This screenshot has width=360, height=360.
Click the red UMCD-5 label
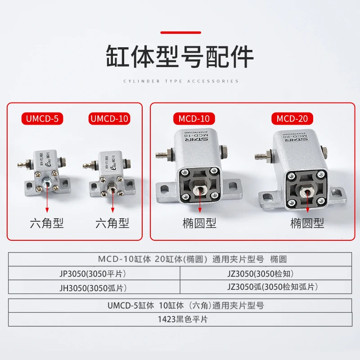(x=43, y=119)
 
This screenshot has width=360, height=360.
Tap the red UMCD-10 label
(x=110, y=119)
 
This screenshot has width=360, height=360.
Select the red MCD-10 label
(x=194, y=119)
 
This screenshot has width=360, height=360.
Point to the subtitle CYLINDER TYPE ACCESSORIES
(x=180, y=81)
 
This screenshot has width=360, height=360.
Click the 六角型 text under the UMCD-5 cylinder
(x=46, y=223)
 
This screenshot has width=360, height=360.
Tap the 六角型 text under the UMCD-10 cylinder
(x=112, y=223)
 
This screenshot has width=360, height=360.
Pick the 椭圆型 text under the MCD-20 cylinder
(x=307, y=223)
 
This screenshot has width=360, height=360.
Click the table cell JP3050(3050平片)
(x=94, y=274)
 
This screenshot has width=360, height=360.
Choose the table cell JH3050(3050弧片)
(x=94, y=287)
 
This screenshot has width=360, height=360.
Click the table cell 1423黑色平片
(x=180, y=319)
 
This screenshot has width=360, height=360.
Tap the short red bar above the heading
(x=180, y=32)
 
